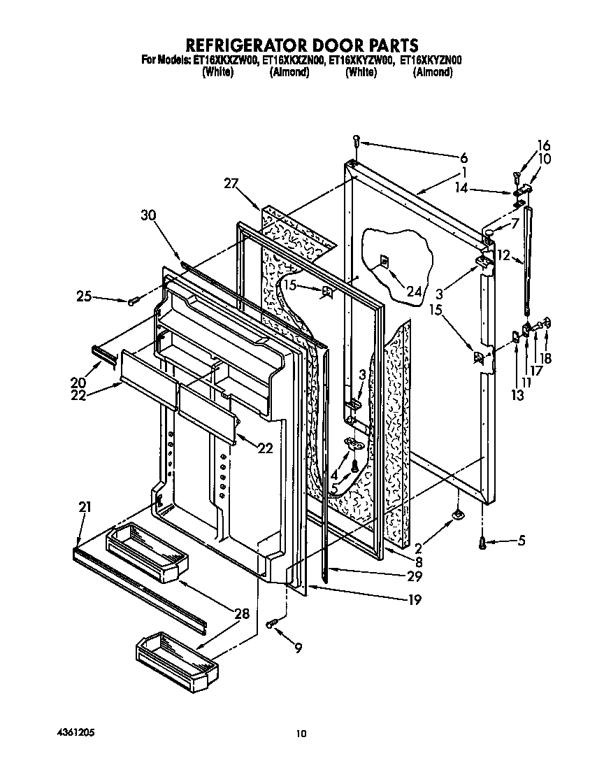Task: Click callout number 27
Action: click(x=231, y=184)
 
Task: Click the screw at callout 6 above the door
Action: click(x=357, y=141)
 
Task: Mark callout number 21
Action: click(x=85, y=508)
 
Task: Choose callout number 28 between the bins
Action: click(x=241, y=615)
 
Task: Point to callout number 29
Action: click(x=415, y=576)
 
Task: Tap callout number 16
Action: click(x=543, y=146)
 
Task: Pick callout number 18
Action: click(x=545, y=358)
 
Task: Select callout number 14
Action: click(x=479, y=188)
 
